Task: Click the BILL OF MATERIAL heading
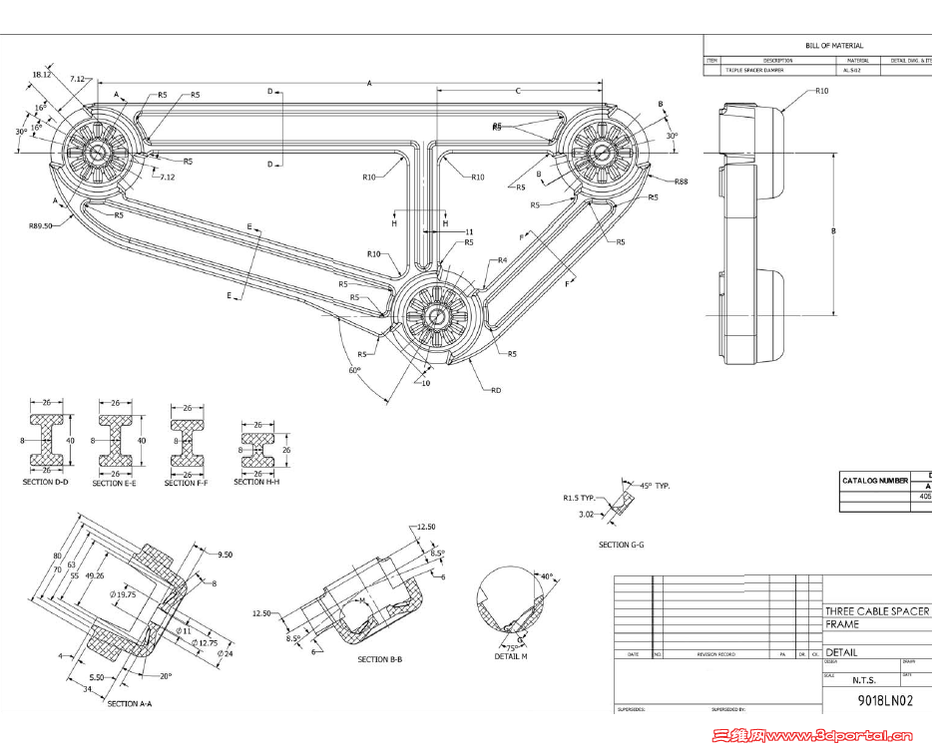[834, 46]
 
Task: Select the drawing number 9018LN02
[885, 701]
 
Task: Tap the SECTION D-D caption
[45, 482]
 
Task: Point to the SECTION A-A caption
[129, 704]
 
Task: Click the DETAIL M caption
[511, 656]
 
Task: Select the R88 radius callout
[681, 182]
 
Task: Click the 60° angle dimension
[353, 370]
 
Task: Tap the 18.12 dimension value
[42, 74]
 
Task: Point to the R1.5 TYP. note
[580, 497]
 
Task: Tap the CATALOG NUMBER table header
[874, 481]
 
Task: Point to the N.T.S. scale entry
[864, 680]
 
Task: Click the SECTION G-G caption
[624, 546]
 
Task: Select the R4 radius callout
[503, 260]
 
